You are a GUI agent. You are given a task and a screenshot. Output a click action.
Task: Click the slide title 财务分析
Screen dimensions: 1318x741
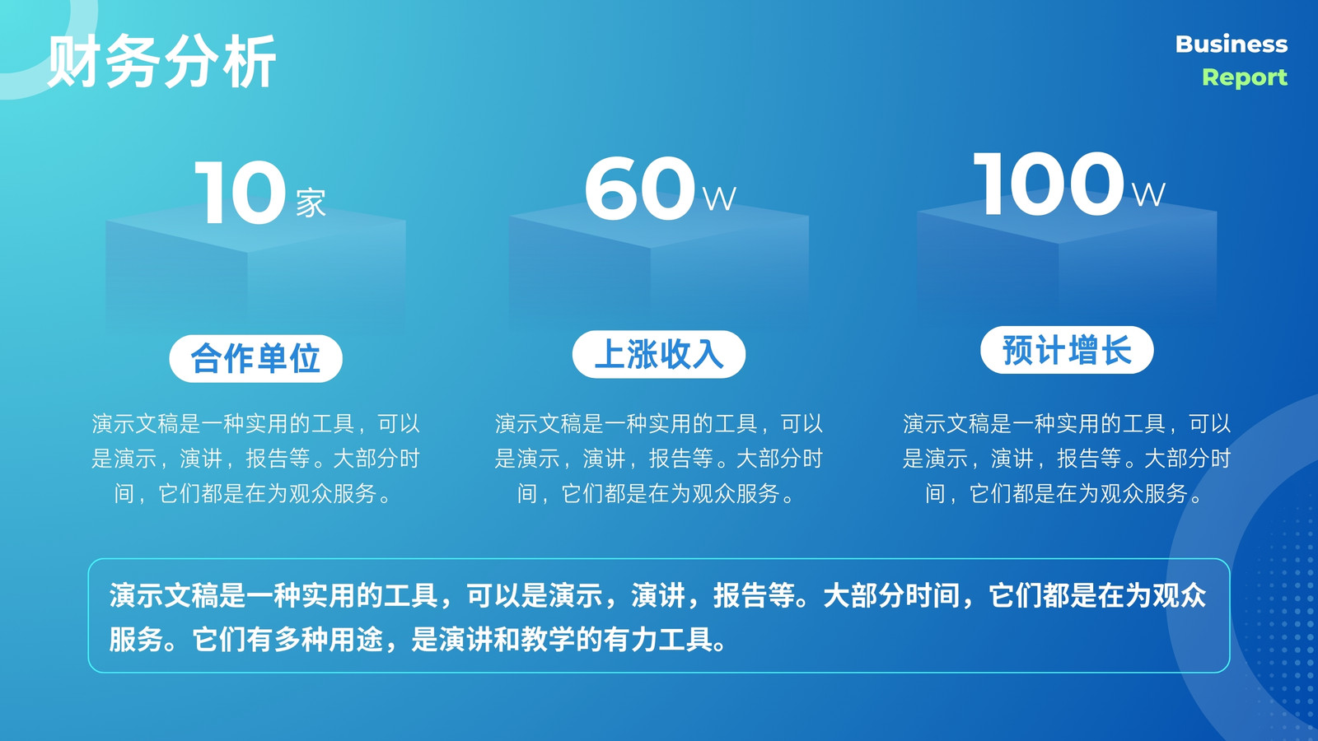click(x=161, y=61)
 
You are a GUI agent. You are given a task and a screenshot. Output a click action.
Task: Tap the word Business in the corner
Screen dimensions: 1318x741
click(x=1232, y=44)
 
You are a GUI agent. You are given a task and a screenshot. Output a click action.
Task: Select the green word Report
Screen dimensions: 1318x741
click(x=1245, y=77)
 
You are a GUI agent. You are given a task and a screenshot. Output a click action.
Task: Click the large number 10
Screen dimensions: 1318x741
click(x=240, y=193)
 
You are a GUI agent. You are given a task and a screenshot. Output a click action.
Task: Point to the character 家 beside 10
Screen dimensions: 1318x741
click(x=311, y=203)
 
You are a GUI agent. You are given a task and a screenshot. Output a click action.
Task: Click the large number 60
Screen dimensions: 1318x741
click(x=640, y=189)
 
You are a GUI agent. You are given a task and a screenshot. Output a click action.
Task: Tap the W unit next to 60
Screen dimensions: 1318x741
click(x=719, y=199)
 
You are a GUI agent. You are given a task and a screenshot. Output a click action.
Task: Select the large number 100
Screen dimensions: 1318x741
click(x=1049, y=184)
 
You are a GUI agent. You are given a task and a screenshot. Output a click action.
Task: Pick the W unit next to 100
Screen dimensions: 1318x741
click(x=1148, y=194)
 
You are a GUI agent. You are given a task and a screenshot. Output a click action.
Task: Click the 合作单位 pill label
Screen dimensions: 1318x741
click(x=255, y=359)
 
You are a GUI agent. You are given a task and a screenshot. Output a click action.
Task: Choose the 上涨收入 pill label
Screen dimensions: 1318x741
click(x=659, y=354)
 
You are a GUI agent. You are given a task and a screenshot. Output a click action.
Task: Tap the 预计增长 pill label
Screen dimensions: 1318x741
click(x=1067, y=350)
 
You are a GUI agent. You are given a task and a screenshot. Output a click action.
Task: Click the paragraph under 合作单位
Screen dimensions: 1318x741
click(x=255, y=459)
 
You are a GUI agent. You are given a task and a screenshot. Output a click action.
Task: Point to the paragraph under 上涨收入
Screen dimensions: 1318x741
click(x=659, y=459)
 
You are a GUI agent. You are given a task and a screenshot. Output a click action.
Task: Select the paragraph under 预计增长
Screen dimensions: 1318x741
click(x=1067, y=459)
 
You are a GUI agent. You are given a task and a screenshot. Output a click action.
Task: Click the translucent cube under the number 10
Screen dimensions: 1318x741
click(x=255, y=271)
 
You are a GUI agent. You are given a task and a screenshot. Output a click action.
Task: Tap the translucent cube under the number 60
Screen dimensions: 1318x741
click(x=659, y=268)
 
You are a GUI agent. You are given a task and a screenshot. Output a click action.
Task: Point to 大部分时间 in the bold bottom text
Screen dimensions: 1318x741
click(x=890, y=596)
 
